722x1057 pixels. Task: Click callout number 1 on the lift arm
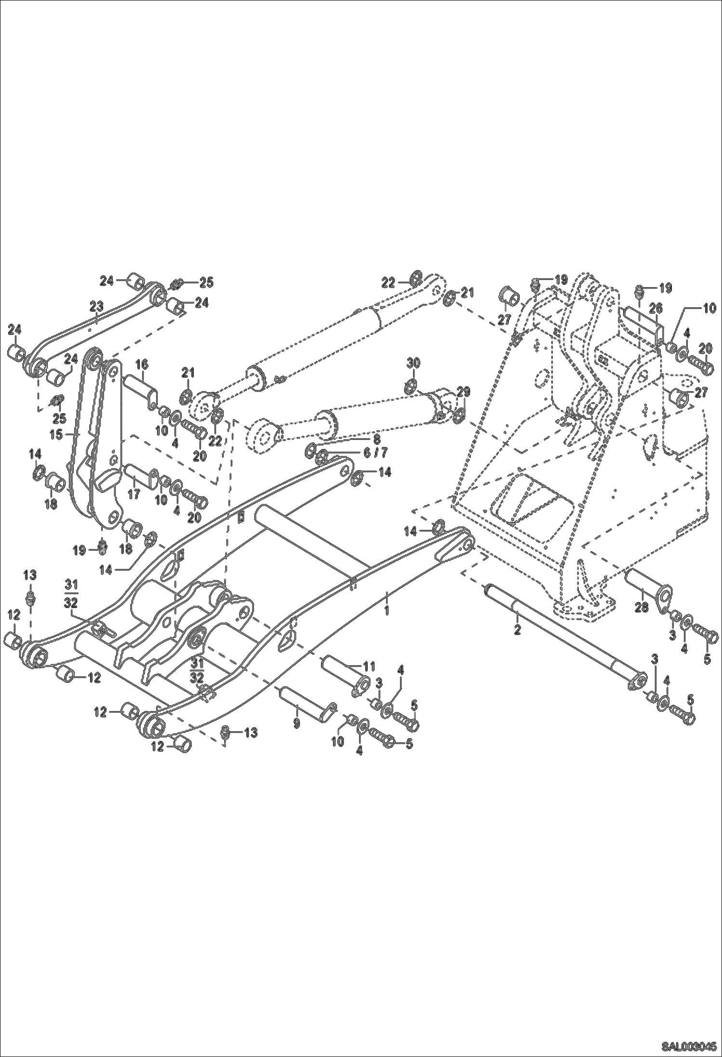point(386,610)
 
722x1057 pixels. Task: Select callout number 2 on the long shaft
point(517,630)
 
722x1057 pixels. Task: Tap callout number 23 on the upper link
point(96,306)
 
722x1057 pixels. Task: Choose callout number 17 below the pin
point(134,494)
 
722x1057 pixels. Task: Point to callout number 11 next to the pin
point(368,667)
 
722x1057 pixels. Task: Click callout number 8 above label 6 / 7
point(376,439)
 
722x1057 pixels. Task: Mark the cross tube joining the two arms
point(313,537)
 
